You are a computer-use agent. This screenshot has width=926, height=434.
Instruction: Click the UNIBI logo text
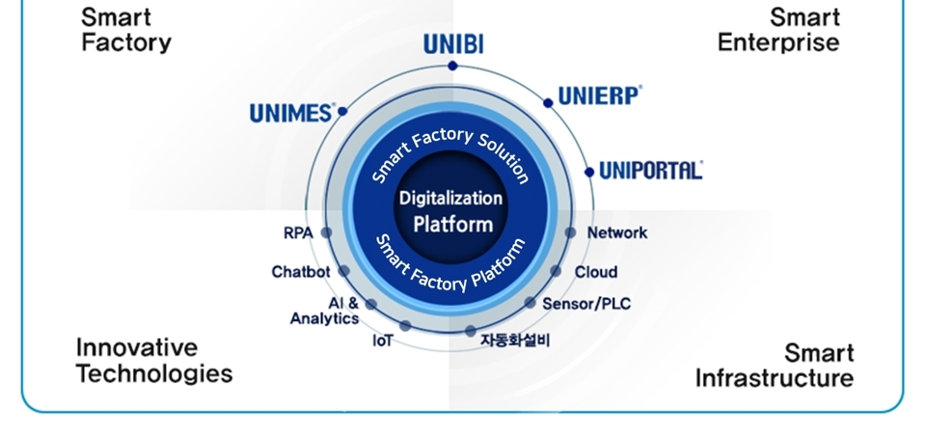coord(452,43)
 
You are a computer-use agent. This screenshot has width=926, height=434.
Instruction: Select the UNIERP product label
coord(599,96)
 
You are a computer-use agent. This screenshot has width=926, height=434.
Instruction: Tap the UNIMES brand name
coord(291,113)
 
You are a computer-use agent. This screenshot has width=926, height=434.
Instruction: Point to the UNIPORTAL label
coord(650,171)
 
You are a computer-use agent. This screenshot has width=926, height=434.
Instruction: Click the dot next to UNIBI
coord(452,67)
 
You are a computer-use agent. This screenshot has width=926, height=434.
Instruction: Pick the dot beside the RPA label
coord(326,232)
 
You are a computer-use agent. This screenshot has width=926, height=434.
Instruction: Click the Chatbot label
coord(300,272)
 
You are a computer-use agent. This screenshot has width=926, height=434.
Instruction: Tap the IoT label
coord(382,340)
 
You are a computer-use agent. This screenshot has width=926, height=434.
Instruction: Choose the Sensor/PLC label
coord(586,304)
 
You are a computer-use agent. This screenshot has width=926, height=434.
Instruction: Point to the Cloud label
coord(596,272)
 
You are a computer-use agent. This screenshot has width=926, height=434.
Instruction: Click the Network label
coord(617,232)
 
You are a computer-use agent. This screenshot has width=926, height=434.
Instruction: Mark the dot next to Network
coord(570,232)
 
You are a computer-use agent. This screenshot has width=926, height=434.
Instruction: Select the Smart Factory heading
coord(126,30)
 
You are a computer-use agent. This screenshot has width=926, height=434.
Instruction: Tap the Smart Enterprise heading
coord(778,30)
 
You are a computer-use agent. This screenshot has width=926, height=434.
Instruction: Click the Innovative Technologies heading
coord(154,361)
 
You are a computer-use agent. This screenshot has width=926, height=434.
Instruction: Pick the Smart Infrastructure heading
coord(775,365)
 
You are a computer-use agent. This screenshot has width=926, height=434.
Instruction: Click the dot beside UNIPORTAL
coord(589,172)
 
